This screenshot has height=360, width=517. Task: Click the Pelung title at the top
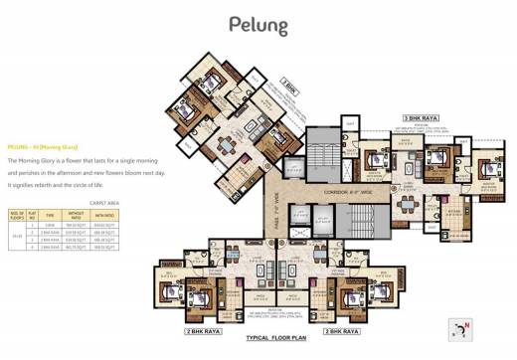point(258,25)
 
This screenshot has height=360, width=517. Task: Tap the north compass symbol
point(460,329)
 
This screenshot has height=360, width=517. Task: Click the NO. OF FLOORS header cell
point(17,214)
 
